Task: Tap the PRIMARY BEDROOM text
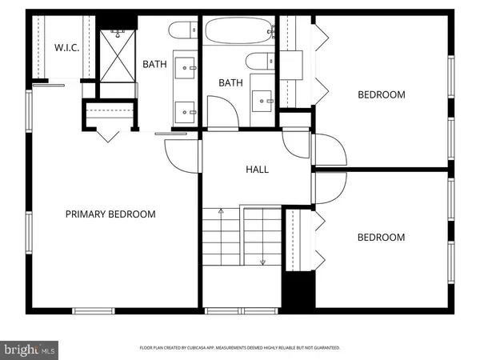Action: coord(110,214)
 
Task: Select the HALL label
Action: coord(257,170)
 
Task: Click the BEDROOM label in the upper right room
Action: coord(381,94)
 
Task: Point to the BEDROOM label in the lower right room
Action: coord(381,237)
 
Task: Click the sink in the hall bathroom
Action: coord(263,100)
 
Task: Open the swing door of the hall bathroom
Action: coord(222,110)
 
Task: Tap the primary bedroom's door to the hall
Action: coord(178,152)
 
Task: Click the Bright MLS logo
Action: coord(30,349)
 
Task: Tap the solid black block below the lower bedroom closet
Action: coord(298,290)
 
